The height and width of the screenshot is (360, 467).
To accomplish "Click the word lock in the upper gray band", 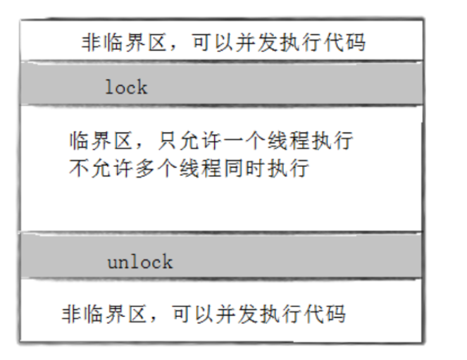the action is (x=127, y=87).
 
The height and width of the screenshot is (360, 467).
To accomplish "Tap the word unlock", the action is (x=140, y=262).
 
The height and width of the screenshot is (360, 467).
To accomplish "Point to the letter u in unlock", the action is (x=113, y=263).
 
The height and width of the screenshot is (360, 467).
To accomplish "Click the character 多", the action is (x=145, y=168).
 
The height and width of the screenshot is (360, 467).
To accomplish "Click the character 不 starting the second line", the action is (x=79, y=168).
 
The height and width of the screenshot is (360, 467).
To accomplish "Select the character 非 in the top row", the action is (x=92, y=42).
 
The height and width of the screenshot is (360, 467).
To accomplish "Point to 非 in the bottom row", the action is (x=71, y=314).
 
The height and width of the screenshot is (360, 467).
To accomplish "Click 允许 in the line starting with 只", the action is (x=200, y=141).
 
